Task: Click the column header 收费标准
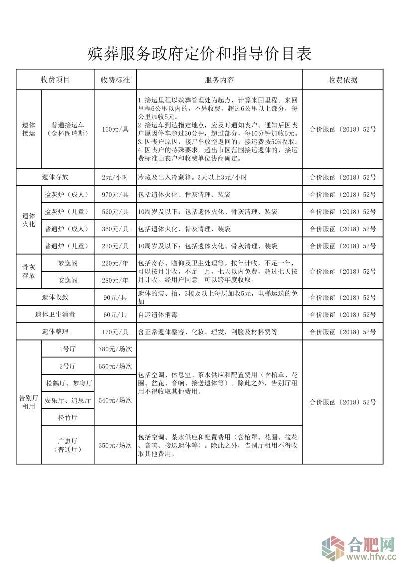pyautogui.click(x=115, y=80)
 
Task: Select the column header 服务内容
pyautogui.click(x=219, y=80)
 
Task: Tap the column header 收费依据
pyautogui.click(x=342, y=80)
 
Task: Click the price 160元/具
pyautogui.click(x=115, y=129)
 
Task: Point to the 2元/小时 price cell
pyautogui.click(x=115, y=177)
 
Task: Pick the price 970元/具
pyautogui.click(x=115, y=194)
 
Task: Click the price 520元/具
pyautogui.click(x=115, y=212)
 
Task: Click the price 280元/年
pyautogui.click(x=115, y=280)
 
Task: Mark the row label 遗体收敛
pyautogui.click(x=55, y=297)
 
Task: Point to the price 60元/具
pyautogui.click(x=115, y=314)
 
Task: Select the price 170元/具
pyautogui.click(x=115, y=331)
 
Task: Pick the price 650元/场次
pyautogui.click(x=115, y=366)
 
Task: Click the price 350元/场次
pyautogui.click(x=115, y=445)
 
